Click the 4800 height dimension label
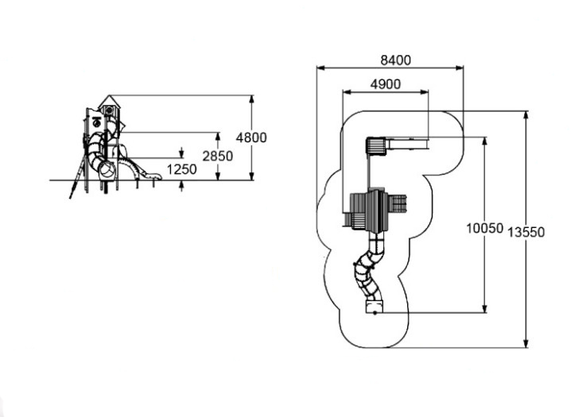(254, 137)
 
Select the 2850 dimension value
(217, 156)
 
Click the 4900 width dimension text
(385, 84)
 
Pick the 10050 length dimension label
(484, 228)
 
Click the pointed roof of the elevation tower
(109, 101)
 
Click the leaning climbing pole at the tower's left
(76, 176)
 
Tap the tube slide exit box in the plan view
(373, 307)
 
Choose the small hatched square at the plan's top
(375, 145)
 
